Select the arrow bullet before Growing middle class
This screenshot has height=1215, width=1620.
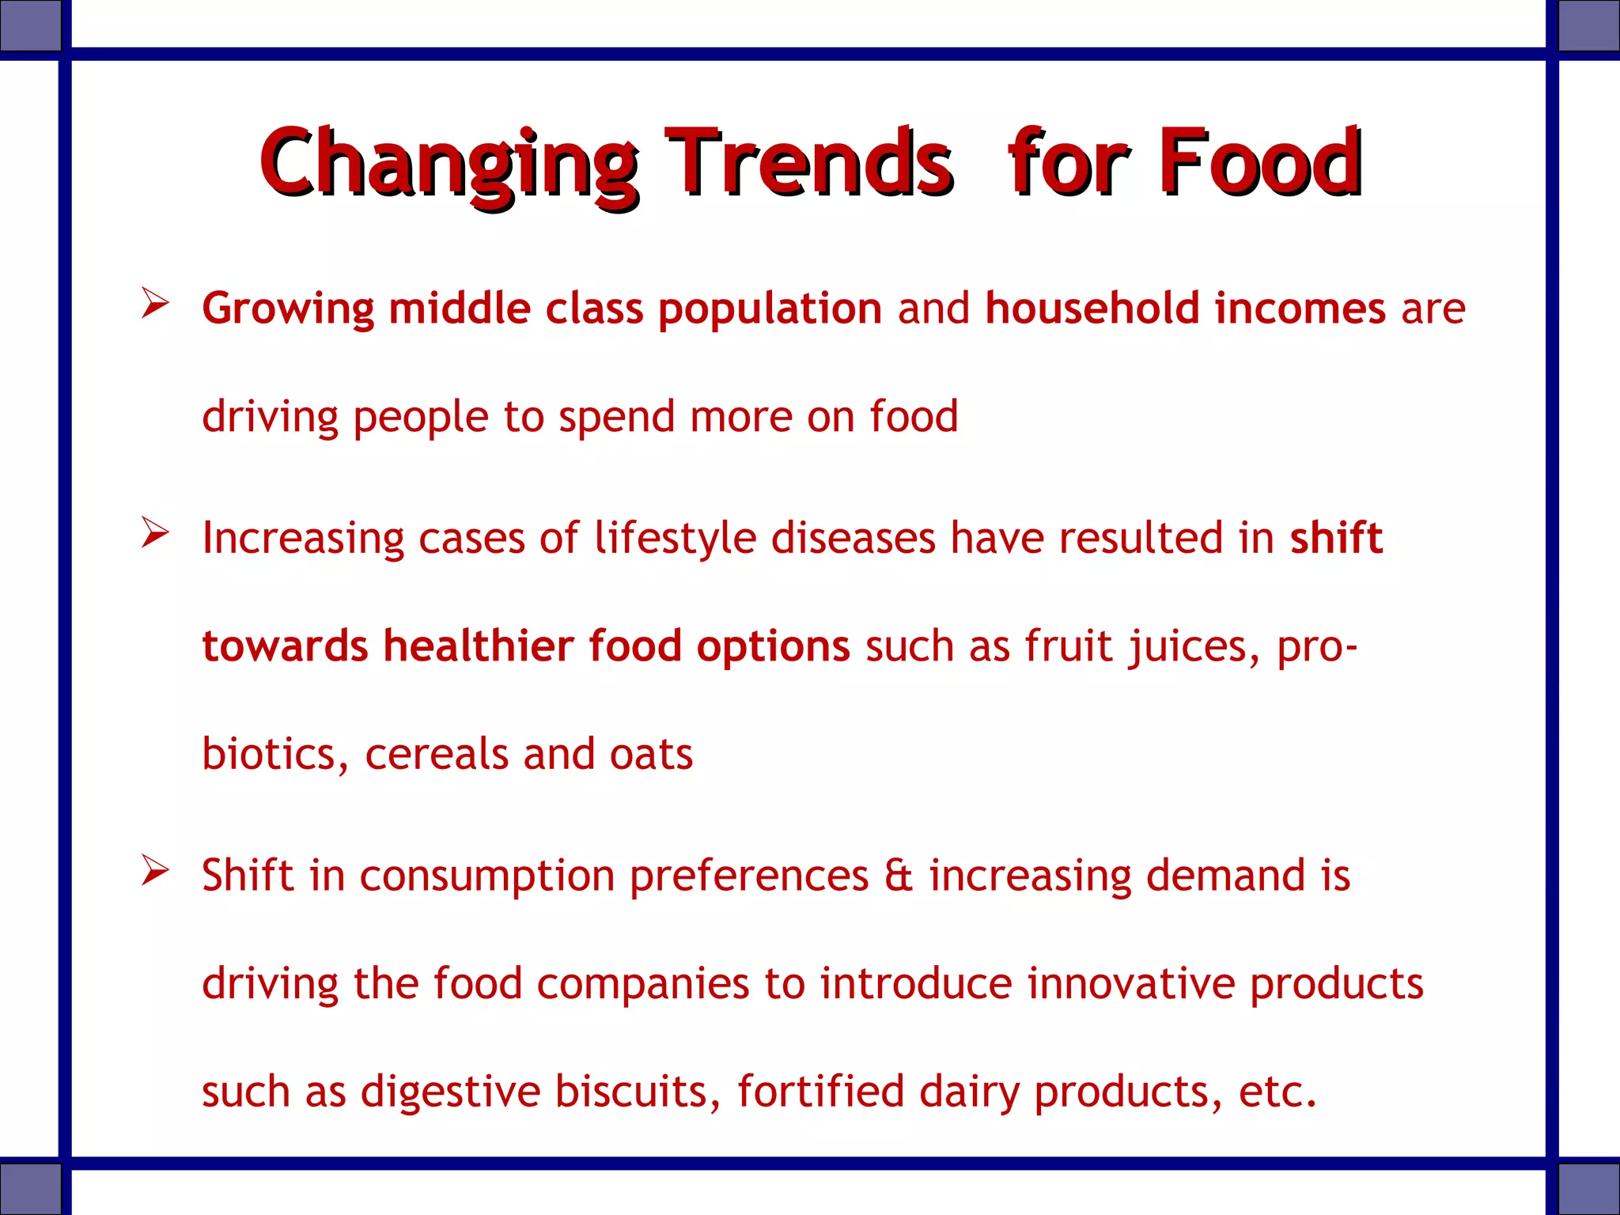[x=155, y=304]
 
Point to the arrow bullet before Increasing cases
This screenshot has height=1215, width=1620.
[x=155, y=533]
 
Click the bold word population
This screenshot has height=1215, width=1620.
[x=770, y=309]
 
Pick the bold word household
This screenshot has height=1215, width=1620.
[x=1092, y=308]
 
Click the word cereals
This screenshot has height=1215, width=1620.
[x=436, y=755]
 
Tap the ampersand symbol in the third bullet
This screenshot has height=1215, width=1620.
[x=899, y=876]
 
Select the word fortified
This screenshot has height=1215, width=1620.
[x=820, y=1092]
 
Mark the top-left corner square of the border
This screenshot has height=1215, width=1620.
[x=30, y=25]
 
